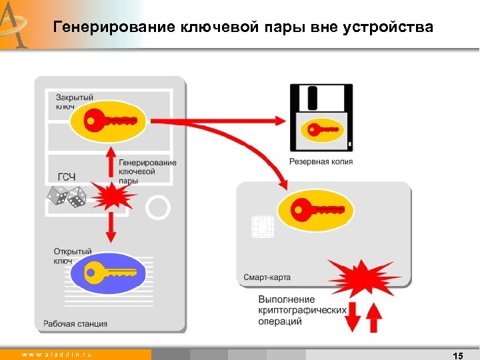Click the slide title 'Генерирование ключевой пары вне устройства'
tap(243, 27)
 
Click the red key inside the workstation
tap(111, 121)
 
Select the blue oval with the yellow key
tap(110, 273)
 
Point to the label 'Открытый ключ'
tap(73, 256)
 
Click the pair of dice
tap(66, 195)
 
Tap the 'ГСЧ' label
tap(67, 177)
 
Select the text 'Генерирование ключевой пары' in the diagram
tap(147, 171)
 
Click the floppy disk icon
tap(321, 117)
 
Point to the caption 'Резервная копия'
tap(321, 162)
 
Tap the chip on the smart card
tap(262, 227)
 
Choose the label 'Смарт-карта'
tap(267, 277)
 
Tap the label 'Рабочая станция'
tap(75, 324)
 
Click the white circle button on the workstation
tap(159, 207)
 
